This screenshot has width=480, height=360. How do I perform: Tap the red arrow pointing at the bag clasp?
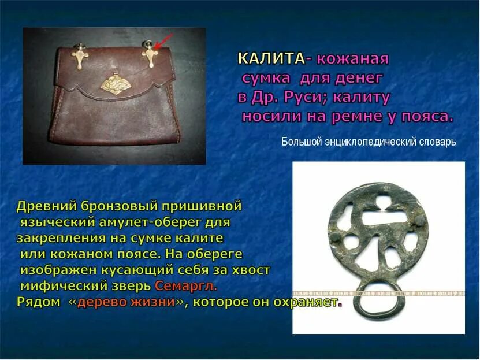(x=164, y=42)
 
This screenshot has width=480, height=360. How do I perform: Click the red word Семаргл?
(x=185, y=286)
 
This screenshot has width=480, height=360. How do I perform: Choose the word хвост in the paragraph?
(x=250, y=270)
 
